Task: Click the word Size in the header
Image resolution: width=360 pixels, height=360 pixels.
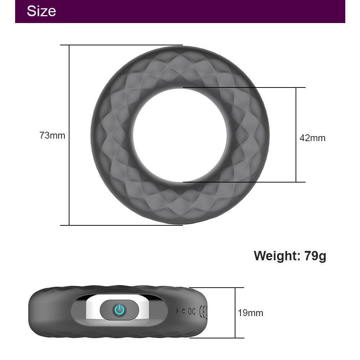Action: (41, 11)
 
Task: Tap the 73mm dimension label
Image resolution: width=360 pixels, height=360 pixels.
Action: (52, 136)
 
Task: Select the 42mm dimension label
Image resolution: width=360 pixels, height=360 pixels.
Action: (312, 138)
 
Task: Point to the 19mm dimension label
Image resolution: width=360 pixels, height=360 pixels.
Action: (250, 313)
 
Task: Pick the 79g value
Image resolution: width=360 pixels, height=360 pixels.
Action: (315, 256)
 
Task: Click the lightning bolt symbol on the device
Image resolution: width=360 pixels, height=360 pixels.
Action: (177, 311)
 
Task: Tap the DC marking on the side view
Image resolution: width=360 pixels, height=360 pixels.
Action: (192, 311)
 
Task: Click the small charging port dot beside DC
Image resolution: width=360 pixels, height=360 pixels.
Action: (184, 311)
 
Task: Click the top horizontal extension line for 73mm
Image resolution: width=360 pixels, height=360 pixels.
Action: (126, 45)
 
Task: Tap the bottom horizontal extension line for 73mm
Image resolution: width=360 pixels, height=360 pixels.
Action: (126, 225)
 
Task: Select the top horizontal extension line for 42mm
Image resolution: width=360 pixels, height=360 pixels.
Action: (252, 87)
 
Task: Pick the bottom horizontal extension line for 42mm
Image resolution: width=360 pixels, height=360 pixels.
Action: (252, 182)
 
